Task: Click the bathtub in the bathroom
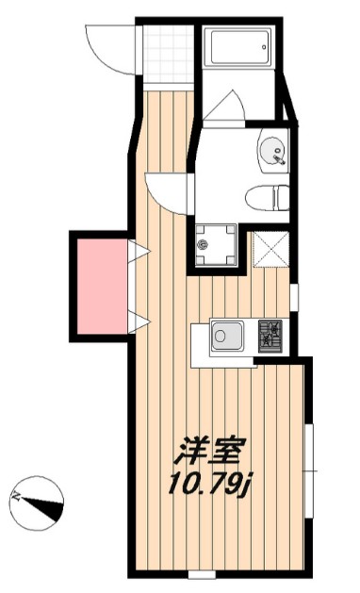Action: point(240,46)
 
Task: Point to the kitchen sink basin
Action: point(227,335)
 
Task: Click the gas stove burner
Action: point(271,335)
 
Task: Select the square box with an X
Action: point(269,250)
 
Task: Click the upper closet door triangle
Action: point(138,253)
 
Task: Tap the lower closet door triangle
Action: point(138,324)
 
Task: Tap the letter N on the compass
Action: point(17,494)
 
